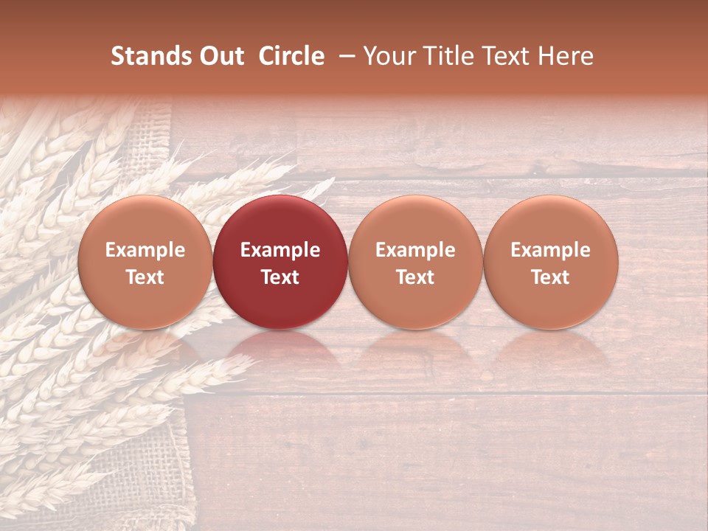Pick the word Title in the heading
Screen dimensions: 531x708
tap(446, 56)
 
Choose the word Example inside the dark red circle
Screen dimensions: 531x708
tap(280, 250)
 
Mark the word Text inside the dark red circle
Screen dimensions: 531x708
tap(280, 277)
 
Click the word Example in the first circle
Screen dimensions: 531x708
tap(145, 250)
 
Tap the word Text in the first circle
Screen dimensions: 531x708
tap(145, 277)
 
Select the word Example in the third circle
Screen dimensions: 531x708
tap(415, 250)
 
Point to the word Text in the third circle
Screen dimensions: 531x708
tap(415, 277)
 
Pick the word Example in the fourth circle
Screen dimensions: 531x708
tap(550, 250)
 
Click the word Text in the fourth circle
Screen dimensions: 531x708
tap(550, 277)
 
